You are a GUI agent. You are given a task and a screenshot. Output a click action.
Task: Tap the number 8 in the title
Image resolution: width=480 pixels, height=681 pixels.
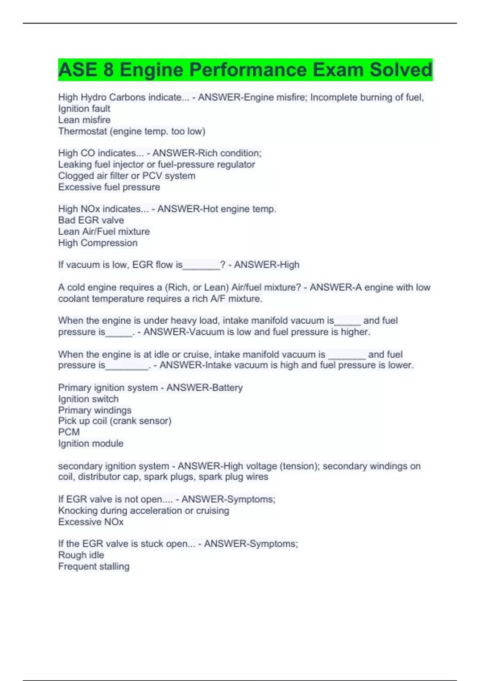pos(108,70)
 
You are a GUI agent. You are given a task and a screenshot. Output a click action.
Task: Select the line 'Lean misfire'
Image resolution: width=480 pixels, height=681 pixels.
pos(84,120)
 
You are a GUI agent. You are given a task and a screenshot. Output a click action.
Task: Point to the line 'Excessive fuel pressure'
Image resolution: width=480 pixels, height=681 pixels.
pos(109,187)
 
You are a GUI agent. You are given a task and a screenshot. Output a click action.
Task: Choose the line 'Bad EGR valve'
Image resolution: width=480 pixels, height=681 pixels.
pos(91,220)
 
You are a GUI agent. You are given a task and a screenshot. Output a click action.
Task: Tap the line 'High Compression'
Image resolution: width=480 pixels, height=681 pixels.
pos(98,243)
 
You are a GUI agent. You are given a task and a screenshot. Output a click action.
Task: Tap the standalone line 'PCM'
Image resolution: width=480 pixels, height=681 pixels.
pos(69,432)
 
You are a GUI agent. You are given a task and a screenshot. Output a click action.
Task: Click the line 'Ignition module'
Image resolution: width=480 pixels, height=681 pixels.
pos(91,443)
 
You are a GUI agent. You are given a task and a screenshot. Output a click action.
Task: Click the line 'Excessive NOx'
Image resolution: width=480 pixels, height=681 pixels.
pos(91,522)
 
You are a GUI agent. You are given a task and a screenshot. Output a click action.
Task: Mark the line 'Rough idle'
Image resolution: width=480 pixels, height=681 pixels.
pos(81,555)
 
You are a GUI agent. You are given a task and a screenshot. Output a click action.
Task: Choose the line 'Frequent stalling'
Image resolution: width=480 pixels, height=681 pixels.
pos(94,566)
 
